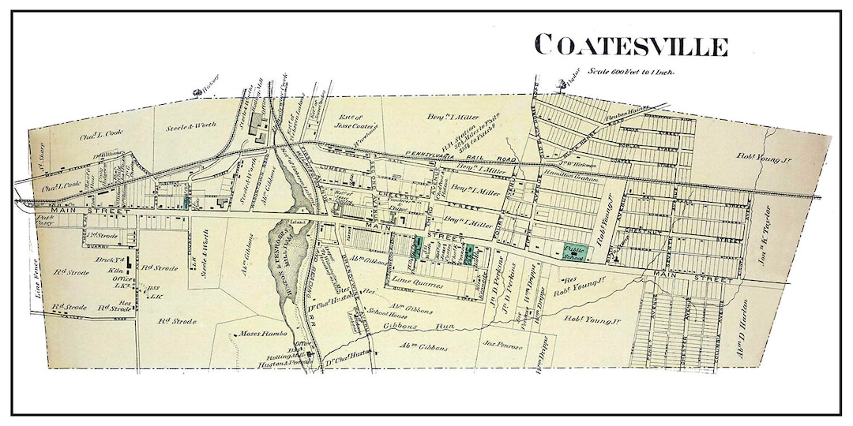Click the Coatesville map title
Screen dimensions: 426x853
pos(630,45)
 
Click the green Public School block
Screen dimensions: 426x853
pos(574,251)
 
